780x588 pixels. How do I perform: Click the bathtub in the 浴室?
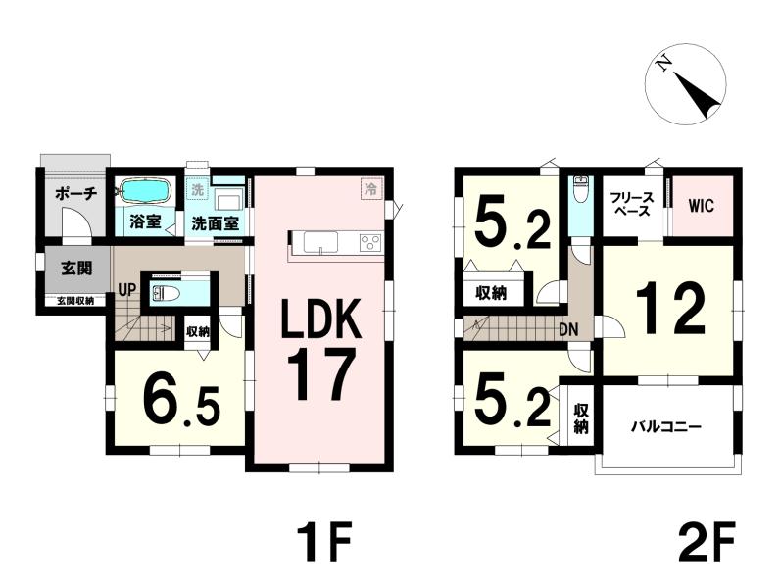tap(146, 191)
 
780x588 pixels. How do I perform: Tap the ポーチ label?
tap(75, 193)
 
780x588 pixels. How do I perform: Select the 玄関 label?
tap(76, 269)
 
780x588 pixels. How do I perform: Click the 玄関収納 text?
tap(74, 301)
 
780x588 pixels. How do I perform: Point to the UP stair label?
tap(126, 289)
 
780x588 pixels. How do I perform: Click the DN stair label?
tap(568, 329)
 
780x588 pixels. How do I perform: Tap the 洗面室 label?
tap(216, 223)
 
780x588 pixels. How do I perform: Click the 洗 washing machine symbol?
tap(198, 189)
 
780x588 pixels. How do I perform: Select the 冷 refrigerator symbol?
tap(370, 188)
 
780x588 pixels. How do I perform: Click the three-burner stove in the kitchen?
tap(369, 243)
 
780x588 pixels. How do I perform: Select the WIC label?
tap(702, 206)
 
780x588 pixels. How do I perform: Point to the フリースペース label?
tap(632, 204)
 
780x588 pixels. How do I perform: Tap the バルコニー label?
tap(666, 427)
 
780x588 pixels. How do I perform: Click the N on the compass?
tap(663, 63)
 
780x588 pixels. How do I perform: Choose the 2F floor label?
tap(706, 541)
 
